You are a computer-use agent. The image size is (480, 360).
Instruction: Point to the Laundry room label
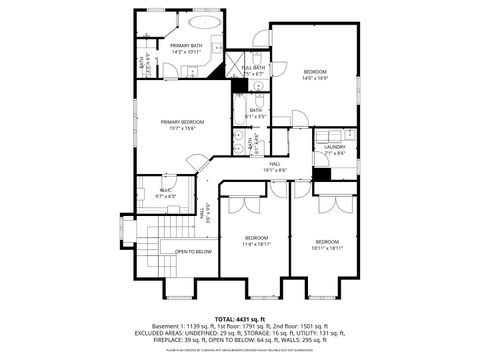tap(334, 147)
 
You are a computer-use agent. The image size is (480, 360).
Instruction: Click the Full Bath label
tap(253, 67)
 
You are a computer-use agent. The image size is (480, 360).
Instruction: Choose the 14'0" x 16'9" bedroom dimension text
tap(315, 78)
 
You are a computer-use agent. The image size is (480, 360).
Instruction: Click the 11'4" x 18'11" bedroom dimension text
tap(256, 243)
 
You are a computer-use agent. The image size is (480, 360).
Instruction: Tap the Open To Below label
tap(193, 251)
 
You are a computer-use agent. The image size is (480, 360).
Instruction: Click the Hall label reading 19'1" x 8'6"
tap(274, 170)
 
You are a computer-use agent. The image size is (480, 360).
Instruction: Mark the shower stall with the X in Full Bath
tap(240, 84)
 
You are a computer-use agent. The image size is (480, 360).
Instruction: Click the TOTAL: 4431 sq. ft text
tap(240, 319)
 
